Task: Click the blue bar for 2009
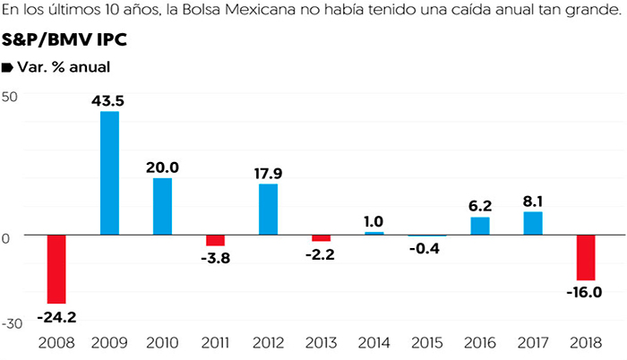(x=109, y=172)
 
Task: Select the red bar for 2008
(x=56, y=270)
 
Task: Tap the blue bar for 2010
(x=162, y=206)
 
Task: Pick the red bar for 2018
(x=586, y=258)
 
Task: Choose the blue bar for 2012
(x=268, y=209)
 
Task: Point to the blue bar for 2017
(x=532, y=223)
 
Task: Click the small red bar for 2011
(x=215, y=240)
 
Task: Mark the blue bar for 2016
(x=479, y=226)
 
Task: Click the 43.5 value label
(x=108, y=100)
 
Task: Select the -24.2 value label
(x=56, y=316)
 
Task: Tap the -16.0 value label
(x=586, y=292)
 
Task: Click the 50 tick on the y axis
(x=10, y=97)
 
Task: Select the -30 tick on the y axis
(x=13, y=323)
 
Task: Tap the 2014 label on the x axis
(x=374, y=344)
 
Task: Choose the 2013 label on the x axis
(x=321, y=344)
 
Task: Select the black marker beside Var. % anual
(x=8, y=67)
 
